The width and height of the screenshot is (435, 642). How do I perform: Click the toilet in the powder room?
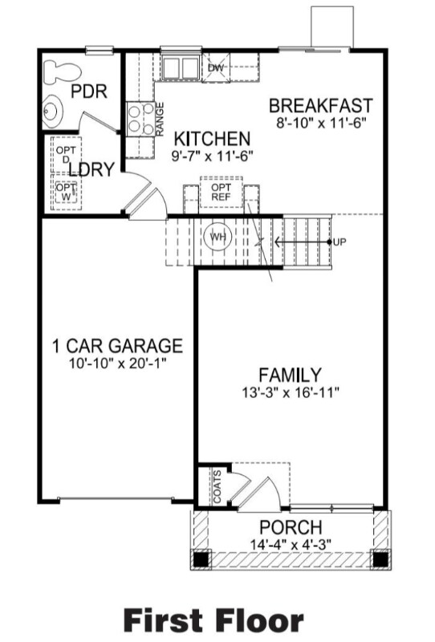point(59,72)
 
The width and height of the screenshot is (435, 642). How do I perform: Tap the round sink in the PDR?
point(55,108)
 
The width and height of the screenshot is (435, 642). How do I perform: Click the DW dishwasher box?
point(215,68)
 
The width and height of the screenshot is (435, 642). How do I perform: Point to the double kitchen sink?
point(179,66)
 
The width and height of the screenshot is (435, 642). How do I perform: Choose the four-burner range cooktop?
point(139,118)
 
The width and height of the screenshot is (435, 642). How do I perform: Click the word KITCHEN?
point(212,137)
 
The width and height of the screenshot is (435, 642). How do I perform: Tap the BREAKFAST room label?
point(321,105)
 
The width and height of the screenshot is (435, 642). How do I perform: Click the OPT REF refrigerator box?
point(221,192)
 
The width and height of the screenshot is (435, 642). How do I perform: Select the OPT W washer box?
point(63,193)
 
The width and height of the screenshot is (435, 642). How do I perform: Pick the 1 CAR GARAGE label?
point(117,347)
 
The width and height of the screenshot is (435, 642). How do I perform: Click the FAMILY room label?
point(290,375)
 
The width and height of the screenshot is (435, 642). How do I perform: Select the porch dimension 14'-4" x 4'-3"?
point(291,544)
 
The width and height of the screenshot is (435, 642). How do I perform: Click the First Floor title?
point(213,619)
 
